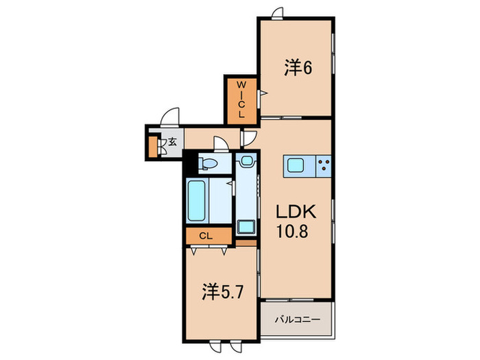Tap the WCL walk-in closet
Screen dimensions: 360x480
click(241, 100)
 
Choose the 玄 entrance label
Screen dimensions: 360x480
click(173, 143)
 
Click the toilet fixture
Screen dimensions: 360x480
click(208, 163)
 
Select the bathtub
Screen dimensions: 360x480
click(197, 201)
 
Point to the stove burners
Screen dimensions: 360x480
click(323, 165)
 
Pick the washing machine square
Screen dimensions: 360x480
click(245, 227)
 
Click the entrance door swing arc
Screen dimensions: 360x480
click(170, 116)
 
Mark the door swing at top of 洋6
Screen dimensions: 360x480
click(278, 12)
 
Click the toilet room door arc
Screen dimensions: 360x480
click(222, 143)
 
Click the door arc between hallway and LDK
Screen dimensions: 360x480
click(249, 137)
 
